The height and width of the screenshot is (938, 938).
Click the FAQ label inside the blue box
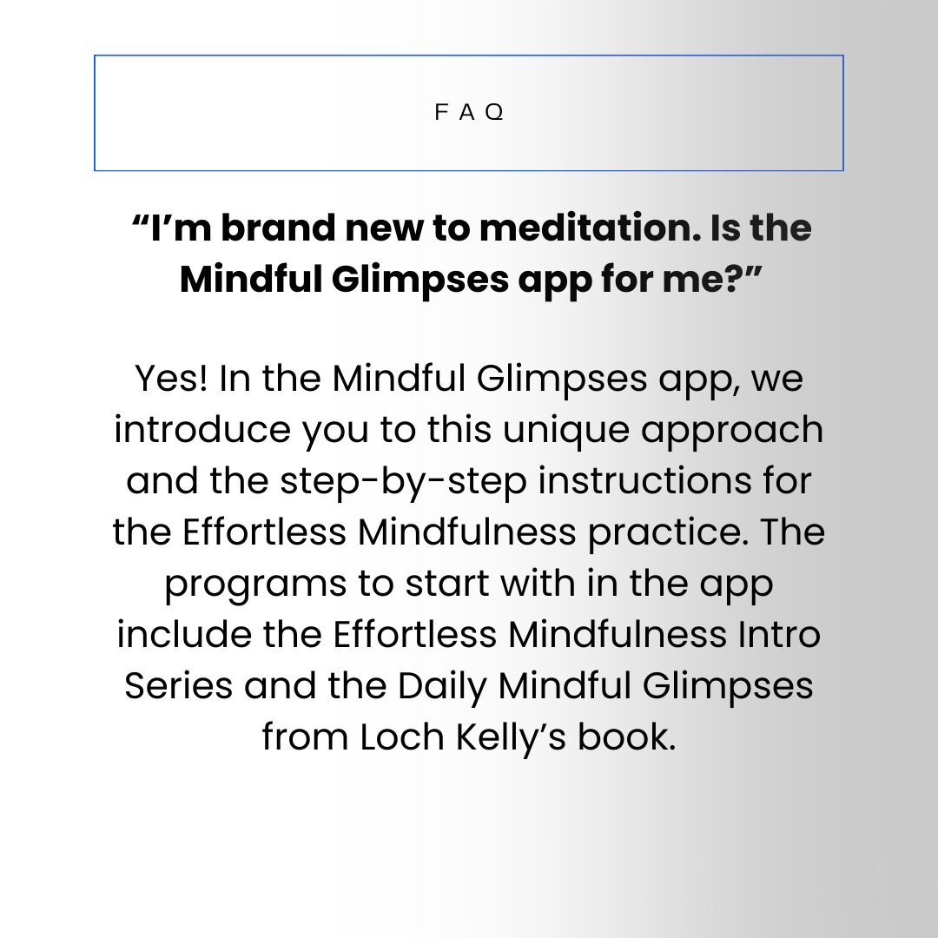click(x=469, y=114)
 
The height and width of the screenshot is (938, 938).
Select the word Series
click(x=179, y=685)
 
